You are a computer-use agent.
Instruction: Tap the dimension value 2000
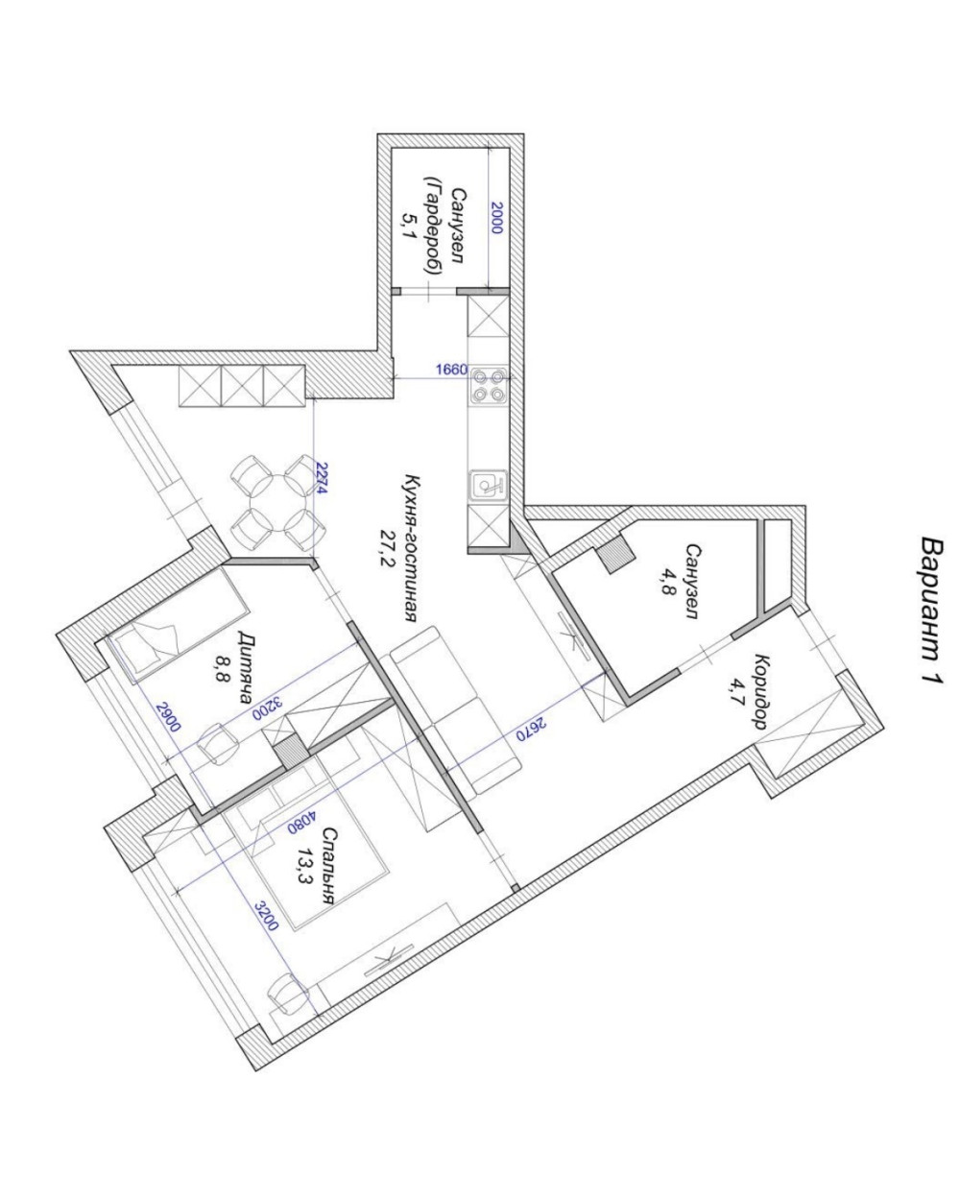[496, 218]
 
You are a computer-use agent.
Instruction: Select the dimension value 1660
[451, 370]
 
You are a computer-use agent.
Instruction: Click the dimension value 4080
[301, 822]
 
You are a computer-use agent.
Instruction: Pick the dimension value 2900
[168, 717]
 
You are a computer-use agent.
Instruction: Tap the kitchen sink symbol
[488, 485]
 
